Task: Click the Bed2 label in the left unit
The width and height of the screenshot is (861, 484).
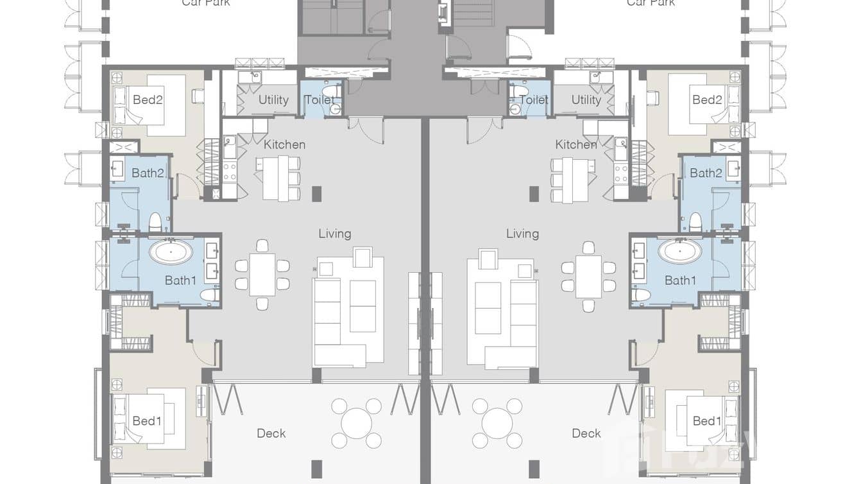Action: coord(147,99)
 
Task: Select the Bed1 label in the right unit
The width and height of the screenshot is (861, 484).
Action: coord(707,421)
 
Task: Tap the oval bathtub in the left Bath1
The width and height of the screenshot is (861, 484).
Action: coord(171,251)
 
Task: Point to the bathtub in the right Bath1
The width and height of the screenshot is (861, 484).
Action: coord(679,251)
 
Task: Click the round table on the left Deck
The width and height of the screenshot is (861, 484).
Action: coord(356,423)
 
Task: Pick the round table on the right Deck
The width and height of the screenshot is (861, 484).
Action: coord(497,423)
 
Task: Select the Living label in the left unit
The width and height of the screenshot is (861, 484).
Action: coord(334,234)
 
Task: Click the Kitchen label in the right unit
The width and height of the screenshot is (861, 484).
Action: coord(575,144)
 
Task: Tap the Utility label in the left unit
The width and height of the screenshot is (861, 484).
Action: coord(273,99)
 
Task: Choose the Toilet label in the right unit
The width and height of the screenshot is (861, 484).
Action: coord(534,99)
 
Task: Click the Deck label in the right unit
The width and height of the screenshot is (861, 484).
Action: coord(586,433)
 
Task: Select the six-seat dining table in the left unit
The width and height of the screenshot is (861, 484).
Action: coord(262,275)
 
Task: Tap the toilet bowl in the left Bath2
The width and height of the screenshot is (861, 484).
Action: coord(155,222)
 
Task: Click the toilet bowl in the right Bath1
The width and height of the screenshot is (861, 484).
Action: coord(640,295)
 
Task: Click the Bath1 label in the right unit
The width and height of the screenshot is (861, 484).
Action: coord(680,280)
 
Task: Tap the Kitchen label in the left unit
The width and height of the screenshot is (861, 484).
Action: coord(284,144)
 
